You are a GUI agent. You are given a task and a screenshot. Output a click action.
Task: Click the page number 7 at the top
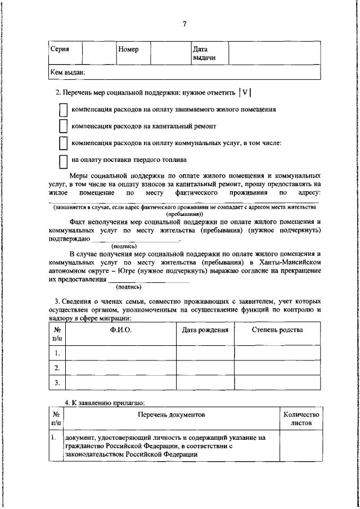(x=183, y=23)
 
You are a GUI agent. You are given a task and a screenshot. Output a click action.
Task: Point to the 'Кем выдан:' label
(x=67, y=73)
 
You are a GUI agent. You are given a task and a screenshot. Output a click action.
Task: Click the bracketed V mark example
(x=245, y=93)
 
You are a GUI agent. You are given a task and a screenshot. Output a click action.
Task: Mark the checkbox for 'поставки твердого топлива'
(x=63, y=161)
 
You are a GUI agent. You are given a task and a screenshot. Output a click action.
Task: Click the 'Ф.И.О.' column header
(x=121, y=330)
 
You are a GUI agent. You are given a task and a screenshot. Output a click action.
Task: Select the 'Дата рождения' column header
(x=205, y=330)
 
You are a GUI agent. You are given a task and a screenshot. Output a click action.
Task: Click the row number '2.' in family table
(x=57, y=368)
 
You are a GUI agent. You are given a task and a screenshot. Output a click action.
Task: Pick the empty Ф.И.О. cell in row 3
(x=121, y=383)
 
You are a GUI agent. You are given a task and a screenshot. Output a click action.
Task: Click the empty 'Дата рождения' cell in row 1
(x=205, y=353)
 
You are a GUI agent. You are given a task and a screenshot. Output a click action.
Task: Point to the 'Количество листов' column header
(x=300, y=419)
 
